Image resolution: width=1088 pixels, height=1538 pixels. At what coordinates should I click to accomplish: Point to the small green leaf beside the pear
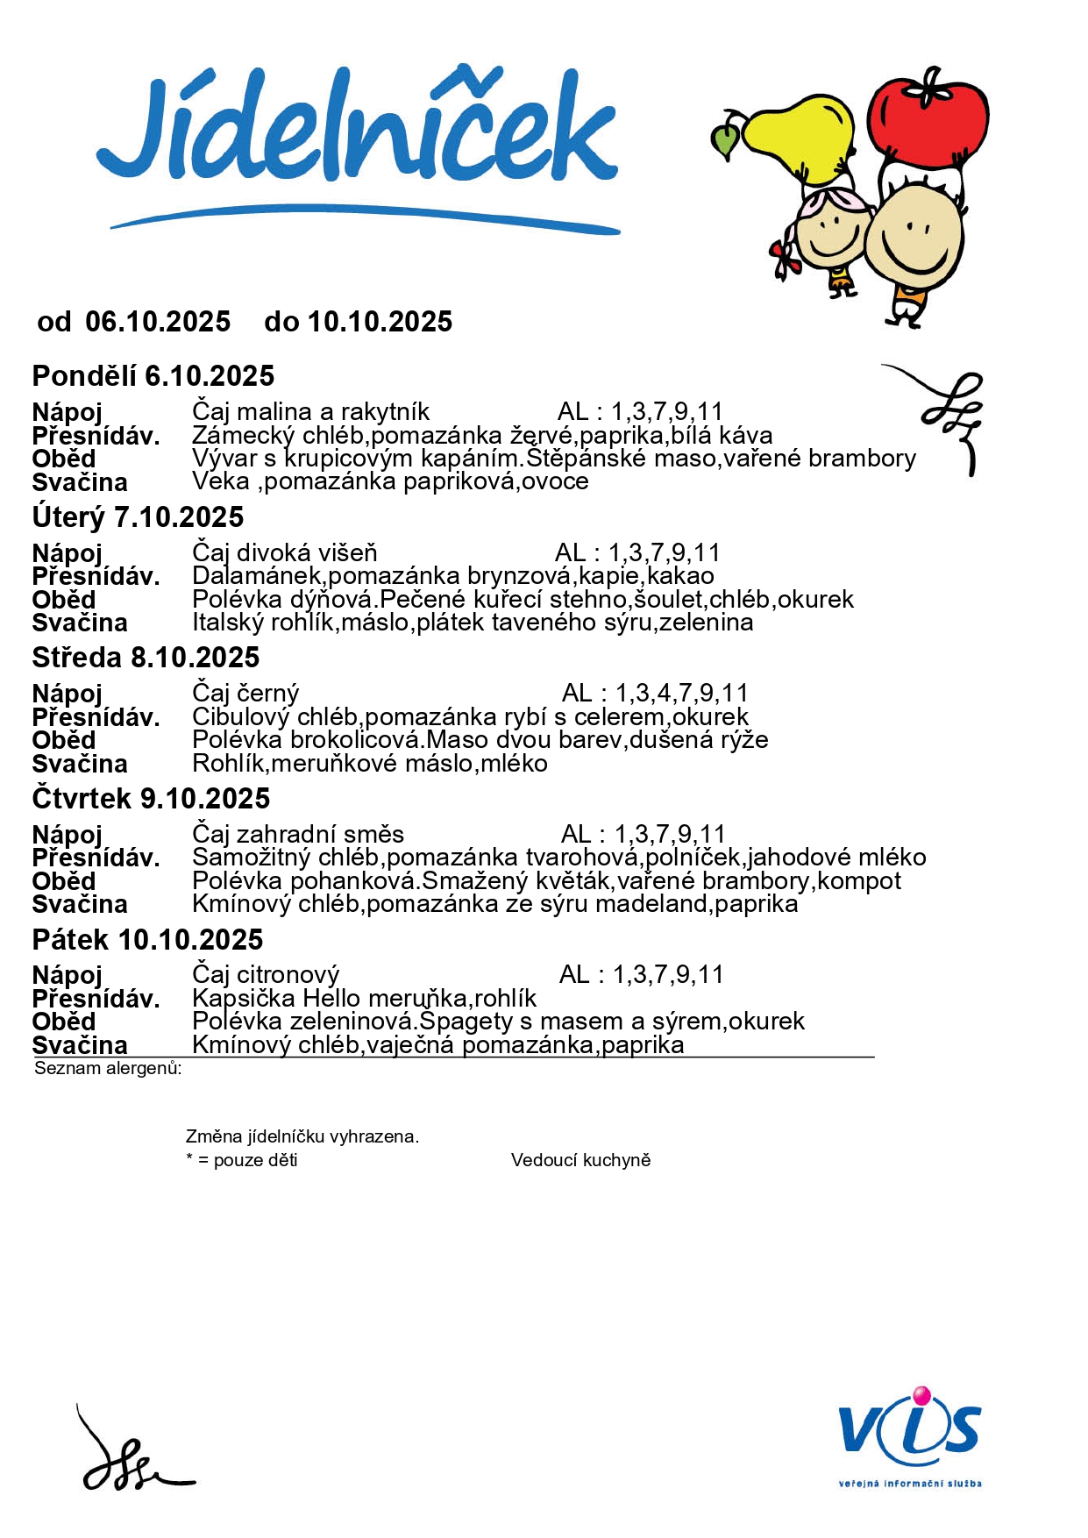click(726, 140)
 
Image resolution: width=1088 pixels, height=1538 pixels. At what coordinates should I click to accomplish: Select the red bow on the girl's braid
click(785, 259)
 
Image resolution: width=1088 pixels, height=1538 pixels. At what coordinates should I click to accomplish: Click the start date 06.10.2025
click(158, 322)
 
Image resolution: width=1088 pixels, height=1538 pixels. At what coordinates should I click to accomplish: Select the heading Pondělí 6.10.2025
click(153, 376)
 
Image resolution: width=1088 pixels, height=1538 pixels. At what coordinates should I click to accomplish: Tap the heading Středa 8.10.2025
click(146, 658)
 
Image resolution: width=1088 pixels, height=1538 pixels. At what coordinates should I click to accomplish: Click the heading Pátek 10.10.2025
click(147, 940)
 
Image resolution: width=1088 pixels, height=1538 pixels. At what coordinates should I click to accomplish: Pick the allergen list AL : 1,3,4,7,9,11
click(655, 694)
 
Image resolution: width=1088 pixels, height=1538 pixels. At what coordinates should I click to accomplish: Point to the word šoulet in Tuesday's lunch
click(668, 600)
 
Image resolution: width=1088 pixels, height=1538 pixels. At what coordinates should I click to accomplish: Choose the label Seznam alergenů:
click(108, 1068)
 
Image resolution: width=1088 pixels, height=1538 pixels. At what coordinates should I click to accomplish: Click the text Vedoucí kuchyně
click(580, 1160)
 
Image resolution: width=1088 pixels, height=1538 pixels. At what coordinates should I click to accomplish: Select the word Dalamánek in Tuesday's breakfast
click(257, 576)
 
